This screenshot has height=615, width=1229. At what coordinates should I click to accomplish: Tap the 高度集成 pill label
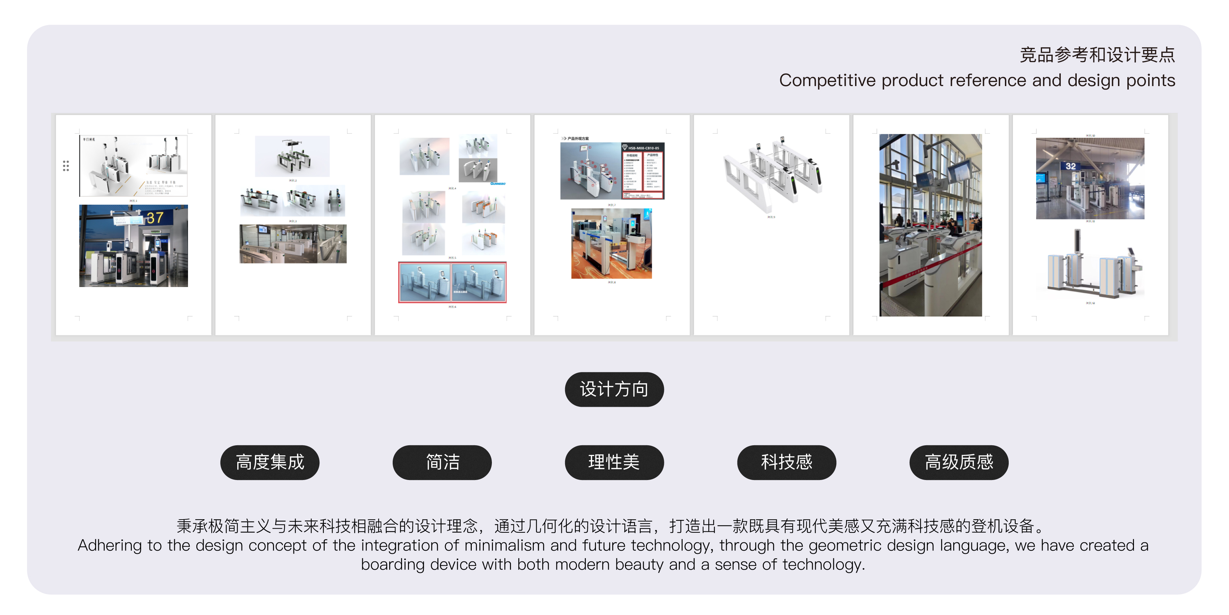(270, 462)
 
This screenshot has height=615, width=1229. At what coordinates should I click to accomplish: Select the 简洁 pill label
(442, 462)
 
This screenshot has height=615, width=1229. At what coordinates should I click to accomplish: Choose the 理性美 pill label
(614, 462)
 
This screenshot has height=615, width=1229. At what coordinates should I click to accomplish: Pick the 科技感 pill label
(786, 462)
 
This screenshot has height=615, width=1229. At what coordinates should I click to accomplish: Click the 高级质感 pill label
(958, 462)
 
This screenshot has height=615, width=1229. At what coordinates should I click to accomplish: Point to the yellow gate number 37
(155, 218)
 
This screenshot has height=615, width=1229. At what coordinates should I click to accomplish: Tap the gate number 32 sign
(1070, 166)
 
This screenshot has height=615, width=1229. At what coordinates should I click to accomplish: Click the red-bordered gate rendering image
(452, 282)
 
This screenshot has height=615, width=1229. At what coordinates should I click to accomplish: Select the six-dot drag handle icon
(66, 166)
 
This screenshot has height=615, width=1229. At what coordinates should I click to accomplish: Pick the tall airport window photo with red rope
(930, 225)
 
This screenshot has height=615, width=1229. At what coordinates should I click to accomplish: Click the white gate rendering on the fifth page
(772, 174)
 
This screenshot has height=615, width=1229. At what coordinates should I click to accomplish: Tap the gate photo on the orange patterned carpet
(612, 244)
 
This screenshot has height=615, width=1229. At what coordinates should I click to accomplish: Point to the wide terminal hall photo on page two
(293, 244)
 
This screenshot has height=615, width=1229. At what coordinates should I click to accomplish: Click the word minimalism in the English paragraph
(504, 545)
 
